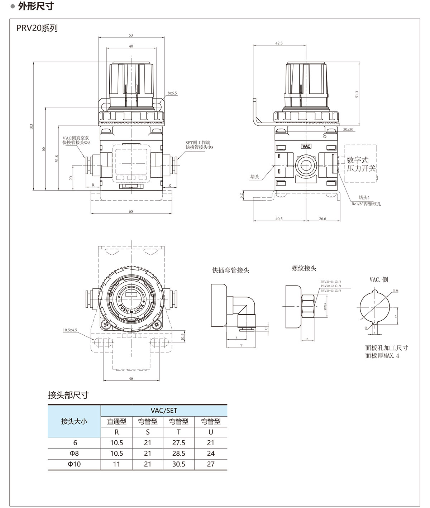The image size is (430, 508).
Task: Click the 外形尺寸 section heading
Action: click(36, 6)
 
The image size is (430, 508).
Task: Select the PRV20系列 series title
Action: click(37, 28)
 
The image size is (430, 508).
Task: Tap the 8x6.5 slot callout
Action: click(172, 93)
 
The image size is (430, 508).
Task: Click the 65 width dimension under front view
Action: click(131, 211)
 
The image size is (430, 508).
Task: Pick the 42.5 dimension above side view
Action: click(279, 43)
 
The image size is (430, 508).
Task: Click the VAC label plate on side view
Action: click(306, 146)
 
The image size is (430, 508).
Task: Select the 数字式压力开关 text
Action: click(361, 164)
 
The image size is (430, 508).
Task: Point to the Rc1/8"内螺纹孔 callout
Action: click(366, 204)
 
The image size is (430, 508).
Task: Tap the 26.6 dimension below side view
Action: click(322, 219)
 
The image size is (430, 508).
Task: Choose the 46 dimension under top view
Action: click(131, 378)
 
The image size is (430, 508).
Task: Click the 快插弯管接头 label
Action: click(230, 270)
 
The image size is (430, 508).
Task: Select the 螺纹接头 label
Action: click(304, 268)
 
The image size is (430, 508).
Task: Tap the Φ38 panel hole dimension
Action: click(396, 291)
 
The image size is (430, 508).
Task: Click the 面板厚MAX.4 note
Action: click(382, 356)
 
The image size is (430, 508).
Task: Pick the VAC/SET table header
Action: click(164, 411)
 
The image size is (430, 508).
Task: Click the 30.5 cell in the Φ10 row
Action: click(178, 464)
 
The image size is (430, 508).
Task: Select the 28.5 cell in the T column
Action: click(178, 453)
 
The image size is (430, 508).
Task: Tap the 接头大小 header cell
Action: click(74, 421)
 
